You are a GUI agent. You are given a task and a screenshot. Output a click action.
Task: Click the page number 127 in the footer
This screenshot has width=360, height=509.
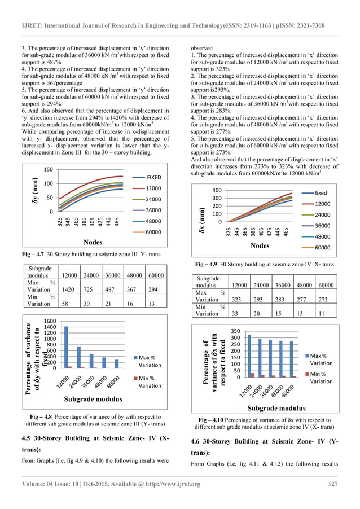332,484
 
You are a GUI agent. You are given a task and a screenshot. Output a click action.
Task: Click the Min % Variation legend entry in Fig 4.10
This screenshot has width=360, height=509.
321,377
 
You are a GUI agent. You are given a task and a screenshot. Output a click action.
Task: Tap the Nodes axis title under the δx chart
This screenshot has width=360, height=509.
260,245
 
